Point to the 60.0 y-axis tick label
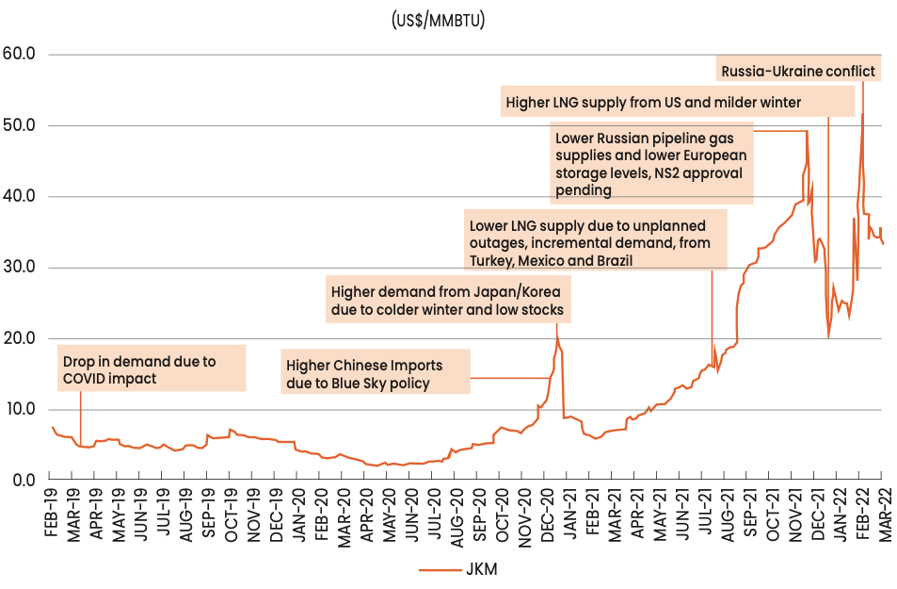tap(19, 54)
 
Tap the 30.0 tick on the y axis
tap(19, 268)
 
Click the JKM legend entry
tap(457, 569)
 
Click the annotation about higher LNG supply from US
tap(653, 102)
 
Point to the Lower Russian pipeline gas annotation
tap(651, 164)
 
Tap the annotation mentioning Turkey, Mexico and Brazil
tap(597, 242)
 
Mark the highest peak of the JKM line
tap(862, 114)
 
